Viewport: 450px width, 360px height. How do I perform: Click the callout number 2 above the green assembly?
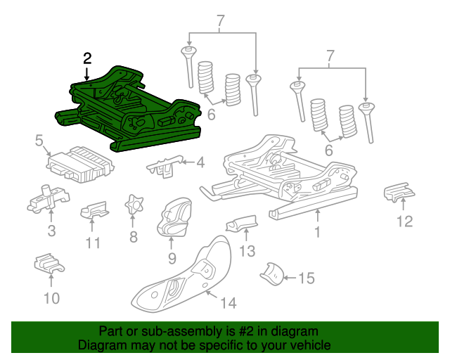tap(86, 58)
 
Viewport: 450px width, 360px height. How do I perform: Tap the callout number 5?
tap(39, 141)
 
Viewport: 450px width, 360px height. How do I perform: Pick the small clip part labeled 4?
tap(163, 166)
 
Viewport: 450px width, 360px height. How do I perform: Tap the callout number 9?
tap(171, 258)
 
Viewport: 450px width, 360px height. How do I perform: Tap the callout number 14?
tap(229, 303)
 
